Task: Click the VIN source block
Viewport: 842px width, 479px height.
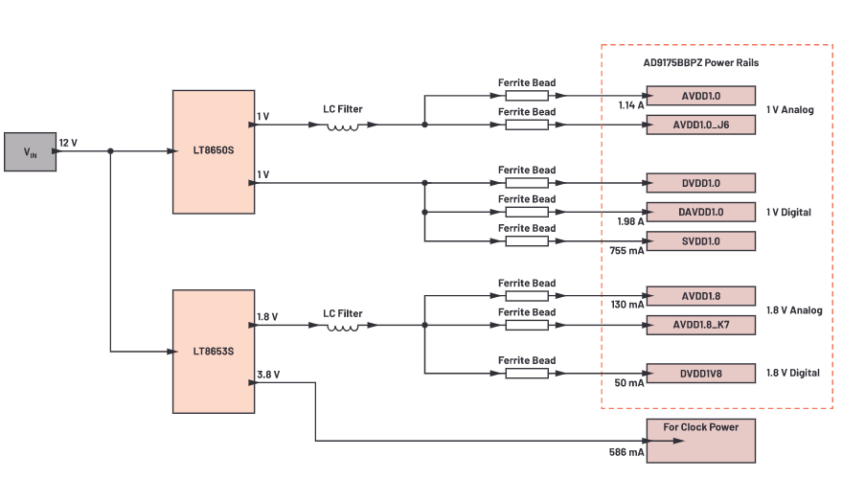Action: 30,152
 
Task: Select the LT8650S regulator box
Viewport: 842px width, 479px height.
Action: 213,151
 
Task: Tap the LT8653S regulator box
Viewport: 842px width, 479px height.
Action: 213,351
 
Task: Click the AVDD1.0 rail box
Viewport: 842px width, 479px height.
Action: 700,96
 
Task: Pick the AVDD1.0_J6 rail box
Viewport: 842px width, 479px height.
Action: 700,125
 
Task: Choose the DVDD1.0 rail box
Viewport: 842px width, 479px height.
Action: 700,182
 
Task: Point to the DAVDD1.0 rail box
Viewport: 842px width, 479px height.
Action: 700,212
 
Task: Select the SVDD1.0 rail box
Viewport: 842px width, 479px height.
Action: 700,240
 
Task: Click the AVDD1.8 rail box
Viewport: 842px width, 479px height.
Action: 700,296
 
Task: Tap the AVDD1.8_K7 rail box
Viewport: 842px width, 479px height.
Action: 700,325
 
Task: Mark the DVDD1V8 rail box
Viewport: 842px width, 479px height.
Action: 700,373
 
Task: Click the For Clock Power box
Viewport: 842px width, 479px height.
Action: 700,439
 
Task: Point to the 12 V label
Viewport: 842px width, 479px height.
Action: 68,143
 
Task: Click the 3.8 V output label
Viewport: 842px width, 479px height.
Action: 268,375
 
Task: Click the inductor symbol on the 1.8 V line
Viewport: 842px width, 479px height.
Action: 343,326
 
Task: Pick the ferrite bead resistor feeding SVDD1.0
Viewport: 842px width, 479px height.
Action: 527,240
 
